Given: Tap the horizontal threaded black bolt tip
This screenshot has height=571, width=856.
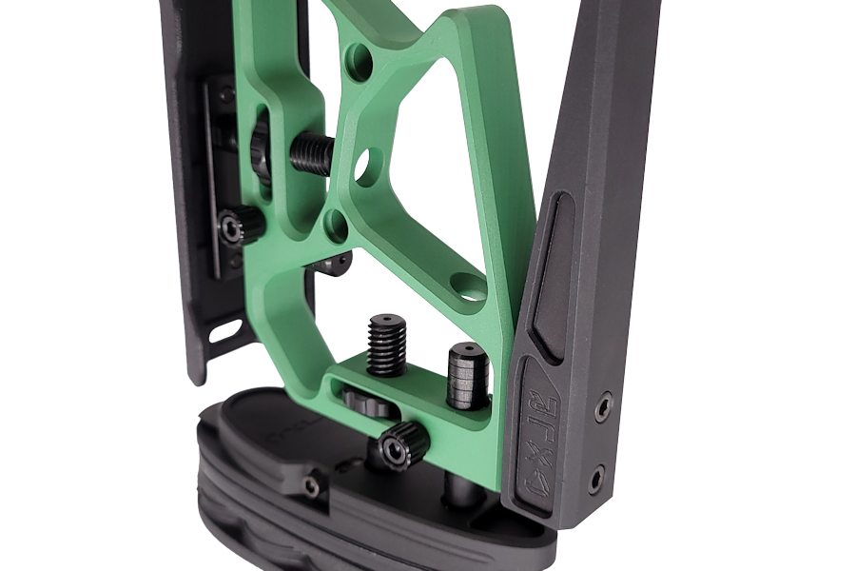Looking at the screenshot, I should (311, 153).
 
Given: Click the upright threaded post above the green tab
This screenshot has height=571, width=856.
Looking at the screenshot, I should (387, 344).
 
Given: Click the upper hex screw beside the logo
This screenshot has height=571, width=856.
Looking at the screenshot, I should (602, 408).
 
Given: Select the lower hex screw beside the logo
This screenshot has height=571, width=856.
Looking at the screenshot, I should (595, 476).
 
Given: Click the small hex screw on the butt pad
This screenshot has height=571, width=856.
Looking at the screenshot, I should (311, 486).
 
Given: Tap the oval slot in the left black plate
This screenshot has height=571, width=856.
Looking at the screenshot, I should (225, 332).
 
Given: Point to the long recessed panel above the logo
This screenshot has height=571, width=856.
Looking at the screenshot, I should (551, 275).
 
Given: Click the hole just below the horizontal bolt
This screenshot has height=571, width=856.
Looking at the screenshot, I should (336, 225).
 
